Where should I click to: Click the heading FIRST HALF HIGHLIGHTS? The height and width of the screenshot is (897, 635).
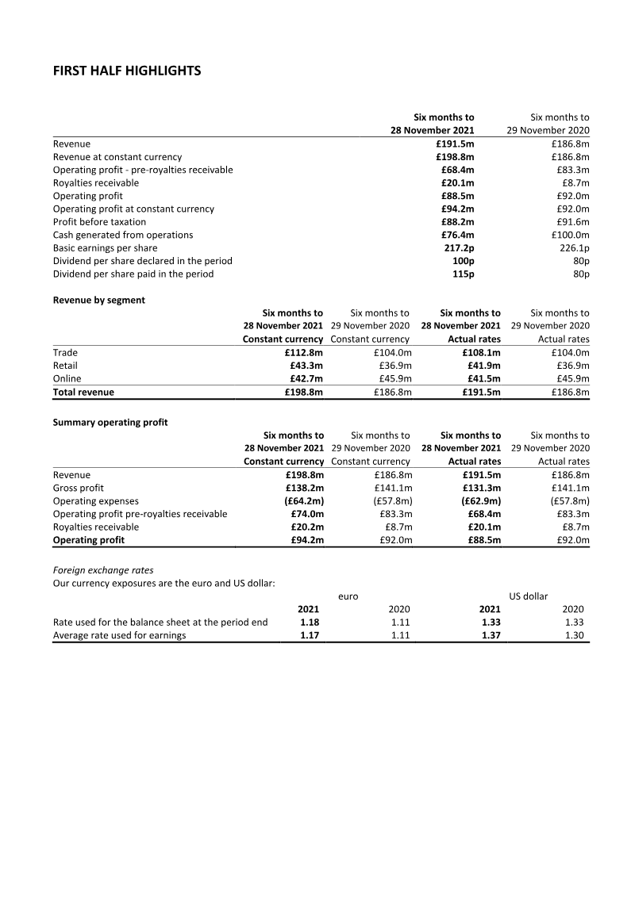point(127,71)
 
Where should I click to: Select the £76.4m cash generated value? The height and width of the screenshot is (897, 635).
point(457,235)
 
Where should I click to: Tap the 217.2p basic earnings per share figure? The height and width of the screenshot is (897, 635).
point(460,248)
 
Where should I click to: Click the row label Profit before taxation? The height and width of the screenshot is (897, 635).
point(99,222)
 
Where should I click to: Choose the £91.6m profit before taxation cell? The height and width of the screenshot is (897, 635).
point(571,222)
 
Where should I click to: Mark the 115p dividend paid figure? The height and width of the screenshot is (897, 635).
point(463,274)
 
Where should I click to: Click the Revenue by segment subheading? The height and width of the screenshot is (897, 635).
point(98,301)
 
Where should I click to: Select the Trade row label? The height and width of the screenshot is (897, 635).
point(65,352)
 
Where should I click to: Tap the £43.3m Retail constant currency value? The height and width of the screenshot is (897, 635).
point(306,366)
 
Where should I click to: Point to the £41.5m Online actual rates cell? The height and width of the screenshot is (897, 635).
point(482,378)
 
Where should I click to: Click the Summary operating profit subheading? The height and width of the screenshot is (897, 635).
point(110,423)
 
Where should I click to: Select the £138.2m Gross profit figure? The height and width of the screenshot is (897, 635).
point(304,488)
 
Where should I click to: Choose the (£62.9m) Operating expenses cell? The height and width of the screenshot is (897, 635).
point(481,501)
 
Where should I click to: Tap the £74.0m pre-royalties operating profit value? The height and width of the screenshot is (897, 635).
point(307,514)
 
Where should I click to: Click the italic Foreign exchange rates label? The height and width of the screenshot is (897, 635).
point(103,570)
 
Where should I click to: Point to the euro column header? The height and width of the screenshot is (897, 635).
point(348,596)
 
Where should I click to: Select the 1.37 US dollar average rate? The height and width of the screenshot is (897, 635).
point(491,635)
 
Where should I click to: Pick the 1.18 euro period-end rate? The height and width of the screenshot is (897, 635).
point(310,623)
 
